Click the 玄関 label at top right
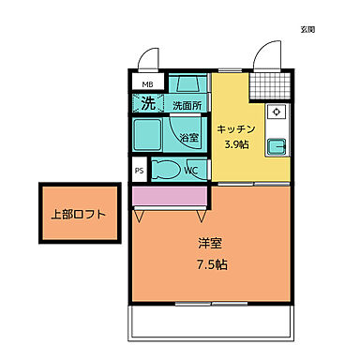pos(307,29)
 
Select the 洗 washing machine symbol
pos(148,102)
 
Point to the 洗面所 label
pos(187,105)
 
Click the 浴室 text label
pos(188,138)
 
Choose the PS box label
pos(140,171)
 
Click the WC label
pos(190,171)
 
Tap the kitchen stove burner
pos(277,112)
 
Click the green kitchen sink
pos(277,146)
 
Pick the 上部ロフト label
pos(78,214)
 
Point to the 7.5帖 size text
pos(210,264)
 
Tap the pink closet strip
pos(170,197)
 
